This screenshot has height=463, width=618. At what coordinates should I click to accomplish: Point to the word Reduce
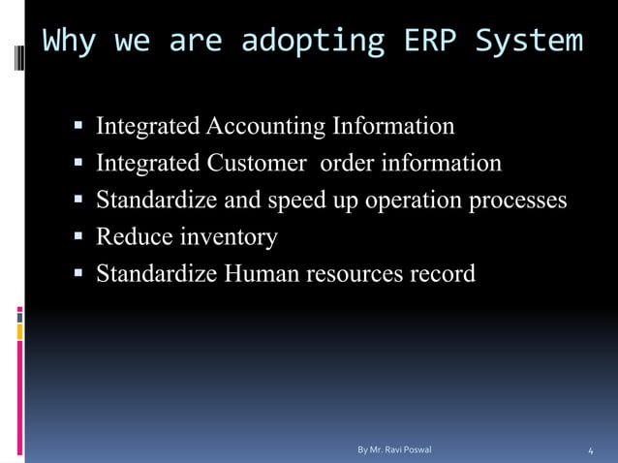[130, 236]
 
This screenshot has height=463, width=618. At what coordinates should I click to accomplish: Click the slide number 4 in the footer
[591, 451]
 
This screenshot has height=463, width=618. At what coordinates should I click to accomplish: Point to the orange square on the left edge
[19, 332]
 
